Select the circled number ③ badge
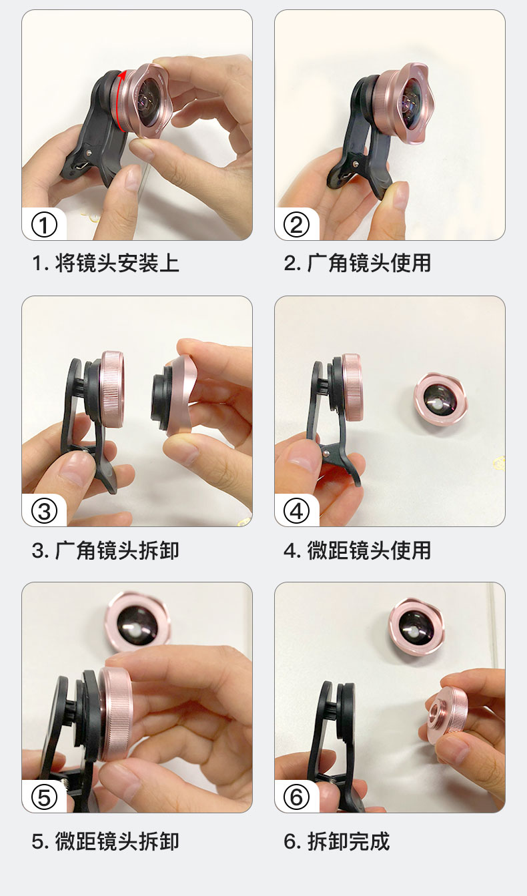pos(45,512)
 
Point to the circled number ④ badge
pos(297,512)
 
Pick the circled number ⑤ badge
pos(45,798)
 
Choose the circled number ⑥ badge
pos(297,798)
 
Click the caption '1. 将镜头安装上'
pos(105,263)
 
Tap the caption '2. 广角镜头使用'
pos(358,263)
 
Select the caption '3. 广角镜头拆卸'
pos(105,550)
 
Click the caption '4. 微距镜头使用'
pos(358,550)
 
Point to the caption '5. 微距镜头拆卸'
pos(105,841)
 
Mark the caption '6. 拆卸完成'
pos(337,841)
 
